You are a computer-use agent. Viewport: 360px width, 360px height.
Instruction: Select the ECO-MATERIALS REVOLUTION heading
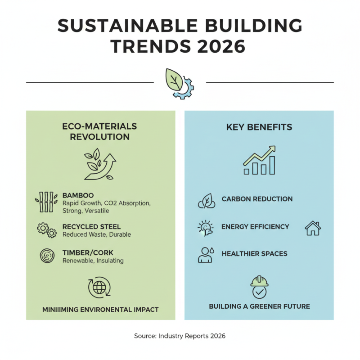coord(100,131)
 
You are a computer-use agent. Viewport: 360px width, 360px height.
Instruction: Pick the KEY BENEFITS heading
coord(259,127)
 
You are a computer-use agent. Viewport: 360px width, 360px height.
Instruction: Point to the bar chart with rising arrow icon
coord(259,160)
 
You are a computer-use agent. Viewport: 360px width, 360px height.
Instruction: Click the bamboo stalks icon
coord(46,202)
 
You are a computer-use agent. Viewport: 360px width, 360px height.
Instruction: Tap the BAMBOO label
coord(78,195)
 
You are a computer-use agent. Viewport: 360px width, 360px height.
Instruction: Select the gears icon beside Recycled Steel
coord(46,230)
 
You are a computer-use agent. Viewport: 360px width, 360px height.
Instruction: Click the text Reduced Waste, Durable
coord(96,234)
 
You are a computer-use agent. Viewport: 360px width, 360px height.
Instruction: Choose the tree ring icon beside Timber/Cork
coord(46,256)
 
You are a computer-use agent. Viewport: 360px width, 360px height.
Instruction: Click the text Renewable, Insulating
coord(93,261)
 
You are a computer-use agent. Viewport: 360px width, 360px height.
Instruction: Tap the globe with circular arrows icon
coord(99,288)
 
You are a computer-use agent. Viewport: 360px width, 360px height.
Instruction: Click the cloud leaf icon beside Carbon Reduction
coord(207,201)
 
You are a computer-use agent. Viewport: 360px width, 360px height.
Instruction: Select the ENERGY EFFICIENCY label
coord(255,227)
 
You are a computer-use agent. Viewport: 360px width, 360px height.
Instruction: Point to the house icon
coord(313,228)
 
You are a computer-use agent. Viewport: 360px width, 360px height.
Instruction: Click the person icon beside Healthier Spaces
coord(205,255)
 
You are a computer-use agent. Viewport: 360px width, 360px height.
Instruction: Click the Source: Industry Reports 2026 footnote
coord(180,336)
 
